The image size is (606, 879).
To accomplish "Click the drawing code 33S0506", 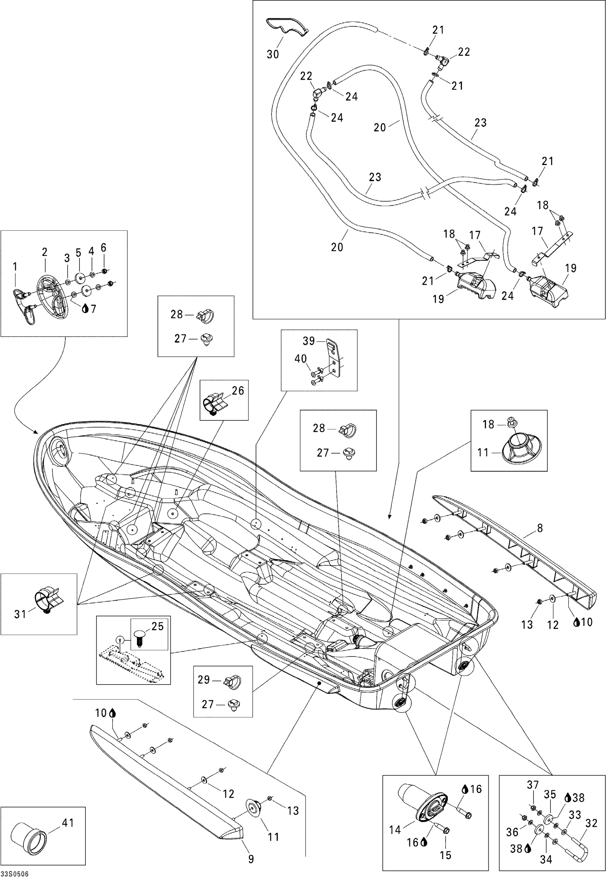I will (x=15, y=874).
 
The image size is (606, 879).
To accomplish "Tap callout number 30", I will (x=273, y=54).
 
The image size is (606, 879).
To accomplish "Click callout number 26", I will (x=238, y=390).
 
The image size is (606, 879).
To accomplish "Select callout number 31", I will (x=20, y=613).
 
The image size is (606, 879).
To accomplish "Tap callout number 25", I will (x=157, y=626).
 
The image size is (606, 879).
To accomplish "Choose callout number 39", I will (x=308, y=341).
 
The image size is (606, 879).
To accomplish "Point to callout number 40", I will (x=301, y=359).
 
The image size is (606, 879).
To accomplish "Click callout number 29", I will (x=204, y=679).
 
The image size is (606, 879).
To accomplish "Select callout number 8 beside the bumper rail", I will (x=540, y=528).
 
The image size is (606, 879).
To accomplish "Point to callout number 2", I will (x=45, y=252).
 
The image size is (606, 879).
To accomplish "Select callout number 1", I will (x=15, y=267).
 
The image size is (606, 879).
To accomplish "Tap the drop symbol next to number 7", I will (x=85, y=309).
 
